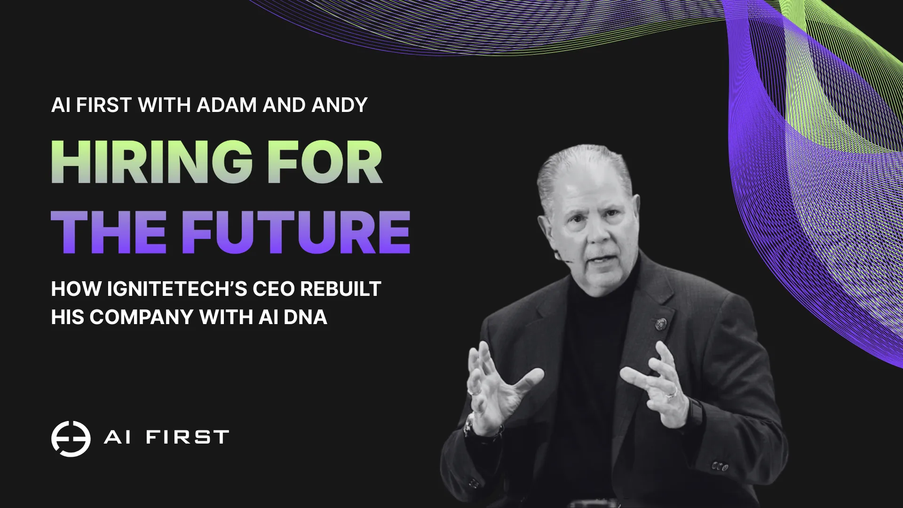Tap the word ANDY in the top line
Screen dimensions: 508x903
click(x=339, y=105)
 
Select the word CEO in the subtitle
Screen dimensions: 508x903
click(x=274, y=289)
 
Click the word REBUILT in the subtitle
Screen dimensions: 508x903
click(x=341, y=289)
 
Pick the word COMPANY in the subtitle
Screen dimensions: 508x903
click(x=141, y=317)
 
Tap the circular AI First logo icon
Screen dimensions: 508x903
click(x=71, y=438)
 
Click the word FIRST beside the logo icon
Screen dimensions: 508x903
click(x=187, y=437)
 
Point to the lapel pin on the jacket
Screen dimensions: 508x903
click(x=661, y=324)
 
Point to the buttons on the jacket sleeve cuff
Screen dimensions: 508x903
click(x=720, y=467)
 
